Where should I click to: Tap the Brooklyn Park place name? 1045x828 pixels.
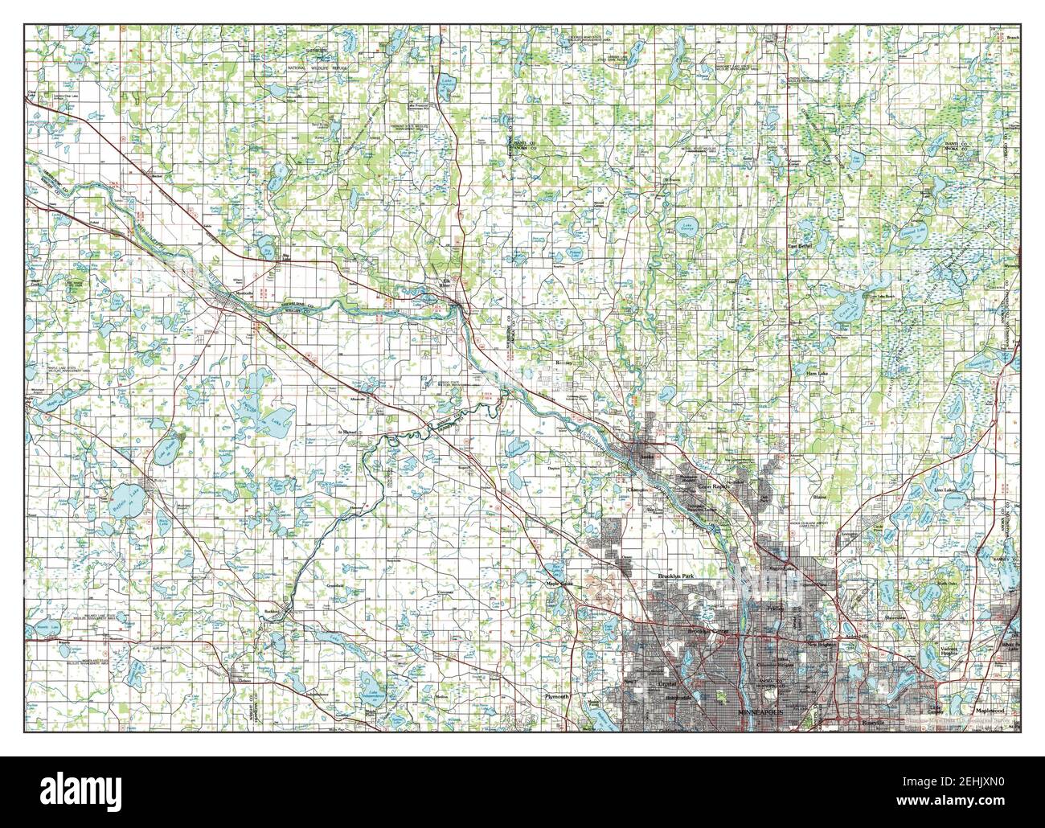[674, 577]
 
